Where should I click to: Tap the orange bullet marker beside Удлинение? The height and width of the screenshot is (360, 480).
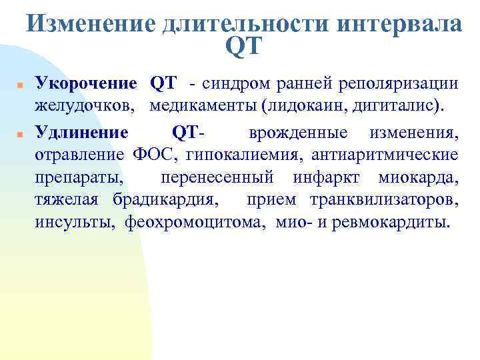[21, 135]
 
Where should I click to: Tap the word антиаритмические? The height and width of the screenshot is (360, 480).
[387, 155]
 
